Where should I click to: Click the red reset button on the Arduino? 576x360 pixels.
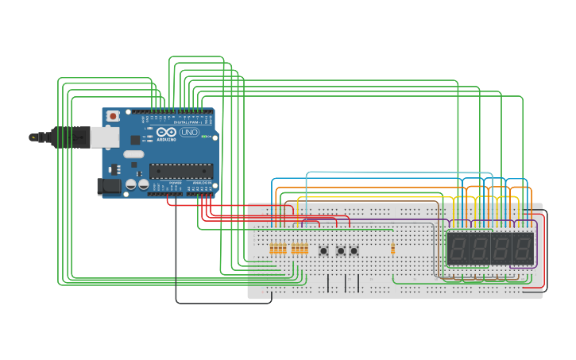[113, 116]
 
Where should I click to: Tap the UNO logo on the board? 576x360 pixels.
[189, 132]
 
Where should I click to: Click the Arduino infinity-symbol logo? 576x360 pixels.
[166, 132]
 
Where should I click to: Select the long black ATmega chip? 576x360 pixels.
[181, 170]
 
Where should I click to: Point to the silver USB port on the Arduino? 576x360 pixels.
[104, 137]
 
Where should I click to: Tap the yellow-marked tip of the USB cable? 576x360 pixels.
[33, 137]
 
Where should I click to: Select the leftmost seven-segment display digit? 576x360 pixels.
[458, 249]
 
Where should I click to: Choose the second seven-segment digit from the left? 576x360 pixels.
[478, 249]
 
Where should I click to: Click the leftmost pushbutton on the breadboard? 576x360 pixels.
[324, 250]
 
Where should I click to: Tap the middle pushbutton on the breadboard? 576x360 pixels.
[341, 250]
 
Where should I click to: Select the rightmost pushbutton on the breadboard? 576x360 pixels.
[354, 250]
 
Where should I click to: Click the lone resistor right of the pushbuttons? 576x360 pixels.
[392, 249]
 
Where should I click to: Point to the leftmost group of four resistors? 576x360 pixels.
[278, 249]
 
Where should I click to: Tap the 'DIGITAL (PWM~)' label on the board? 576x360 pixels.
[188, 122]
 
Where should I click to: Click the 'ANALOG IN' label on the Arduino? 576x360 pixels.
[202, 183]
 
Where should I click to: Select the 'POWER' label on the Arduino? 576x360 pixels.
[174, 183]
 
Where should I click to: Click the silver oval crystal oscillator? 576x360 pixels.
[133, 154]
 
